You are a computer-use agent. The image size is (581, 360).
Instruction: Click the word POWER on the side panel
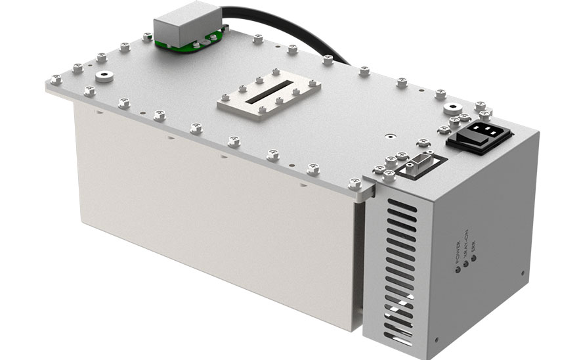(457, 255)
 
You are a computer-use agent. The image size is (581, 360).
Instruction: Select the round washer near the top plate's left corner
(102, 78)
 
